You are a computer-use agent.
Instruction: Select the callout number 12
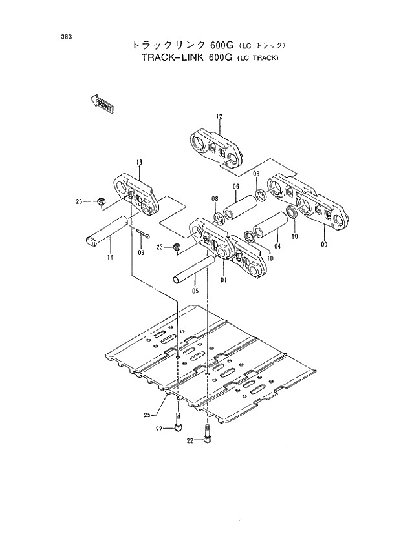click(219, 116)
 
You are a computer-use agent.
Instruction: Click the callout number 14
click(111, 258)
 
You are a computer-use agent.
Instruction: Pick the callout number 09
click(142, 252)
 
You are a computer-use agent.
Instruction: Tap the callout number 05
click(196, 291)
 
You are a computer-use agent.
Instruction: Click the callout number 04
click(277, 246)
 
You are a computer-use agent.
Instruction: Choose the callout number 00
click(323, 244)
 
